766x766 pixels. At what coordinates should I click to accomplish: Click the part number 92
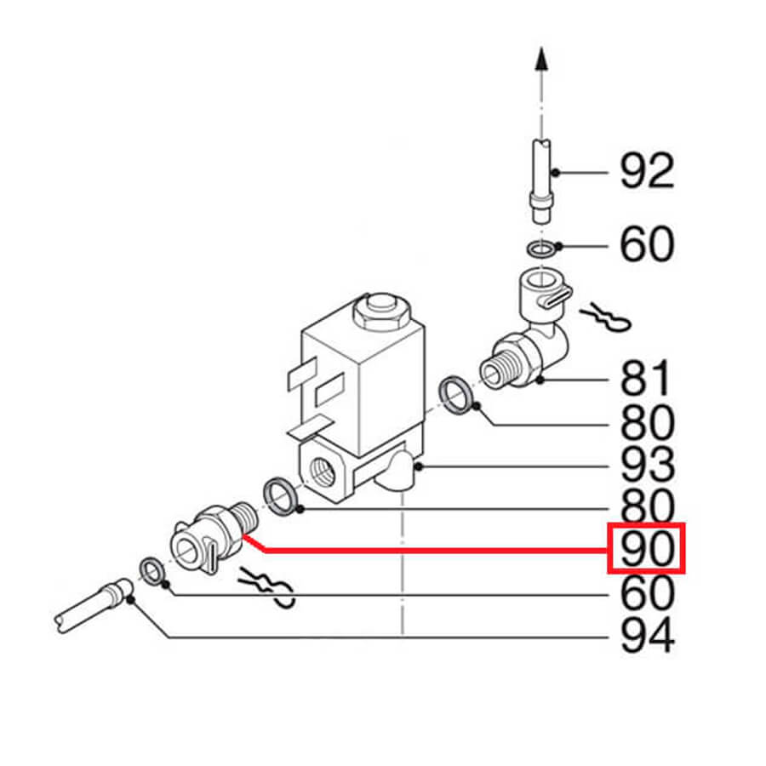pyautogui.click(x=648, y=170)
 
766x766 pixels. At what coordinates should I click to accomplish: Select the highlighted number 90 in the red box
pyautogui.click(x=646, y=547)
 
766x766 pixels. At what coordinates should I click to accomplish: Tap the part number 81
pyautogui.click(x=645, y=378)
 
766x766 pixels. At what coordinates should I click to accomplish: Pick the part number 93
pyautogui.click(x=648, y=464)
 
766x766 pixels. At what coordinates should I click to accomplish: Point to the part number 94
pyautogui.click(x=648, y=635)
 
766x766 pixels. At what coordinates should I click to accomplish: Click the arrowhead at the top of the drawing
pyautogui.click(x=540, y=58)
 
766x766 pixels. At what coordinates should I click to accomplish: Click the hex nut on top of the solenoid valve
pyautogui.click(x=382, y=312)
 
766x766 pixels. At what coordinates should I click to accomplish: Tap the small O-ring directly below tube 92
pyautogui.click(x=541, y=249)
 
